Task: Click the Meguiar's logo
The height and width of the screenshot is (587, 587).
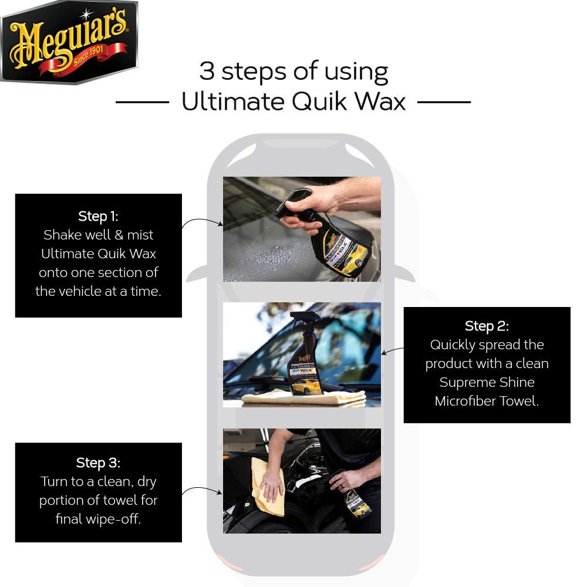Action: pyautogui.click(x=69, y=42)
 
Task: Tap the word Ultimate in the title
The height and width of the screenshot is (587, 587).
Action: pyautogui.click(x=233, y=102)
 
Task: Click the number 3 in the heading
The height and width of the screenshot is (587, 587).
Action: pyautogui.click(x=207, y=71)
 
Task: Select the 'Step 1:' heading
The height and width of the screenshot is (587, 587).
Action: pyautogui.click(x=98, y=216)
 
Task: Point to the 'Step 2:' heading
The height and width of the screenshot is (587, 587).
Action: pyautogui.click(x=487, y=326)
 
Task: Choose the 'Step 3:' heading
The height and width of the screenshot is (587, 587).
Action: pyautogui.click(x=98, y=463)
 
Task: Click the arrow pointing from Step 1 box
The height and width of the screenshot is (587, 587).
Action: pyautogui.click(x=202, y=221)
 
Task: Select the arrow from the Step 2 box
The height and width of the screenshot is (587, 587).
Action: pyautogui.click(x=392, y=350)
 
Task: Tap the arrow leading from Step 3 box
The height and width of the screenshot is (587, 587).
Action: pyautogui.click(x=202, y=490)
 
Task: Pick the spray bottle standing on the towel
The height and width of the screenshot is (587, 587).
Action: pyautogui.click(x=305, y=354)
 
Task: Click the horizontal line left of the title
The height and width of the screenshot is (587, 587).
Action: pyautogui.click(x=142, y=102)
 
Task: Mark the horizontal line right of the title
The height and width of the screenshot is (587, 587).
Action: pyautogui.click(x=444, y=102)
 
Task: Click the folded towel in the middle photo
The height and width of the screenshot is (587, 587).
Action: pyautogui.click(x=304, y=398)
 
